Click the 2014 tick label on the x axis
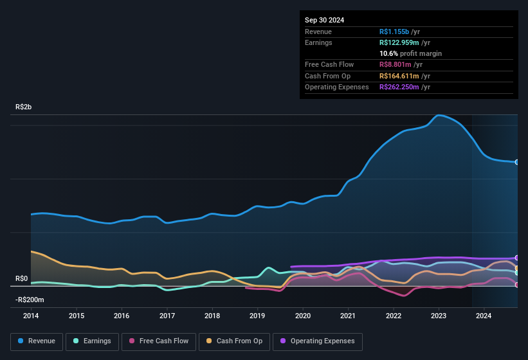[31, 316]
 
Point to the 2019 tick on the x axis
[257, 316]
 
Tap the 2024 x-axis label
[484, 316]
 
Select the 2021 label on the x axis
[348, 316]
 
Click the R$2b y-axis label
[24, 107]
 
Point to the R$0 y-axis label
[22, 278]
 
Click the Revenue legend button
[37, 341]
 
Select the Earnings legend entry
[91, 341]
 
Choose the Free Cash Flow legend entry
[159, 341]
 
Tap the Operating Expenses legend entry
[318, 341]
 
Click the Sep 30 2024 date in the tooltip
[324, 20]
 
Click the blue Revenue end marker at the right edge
[516, 162]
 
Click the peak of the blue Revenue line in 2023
[439, 116]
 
